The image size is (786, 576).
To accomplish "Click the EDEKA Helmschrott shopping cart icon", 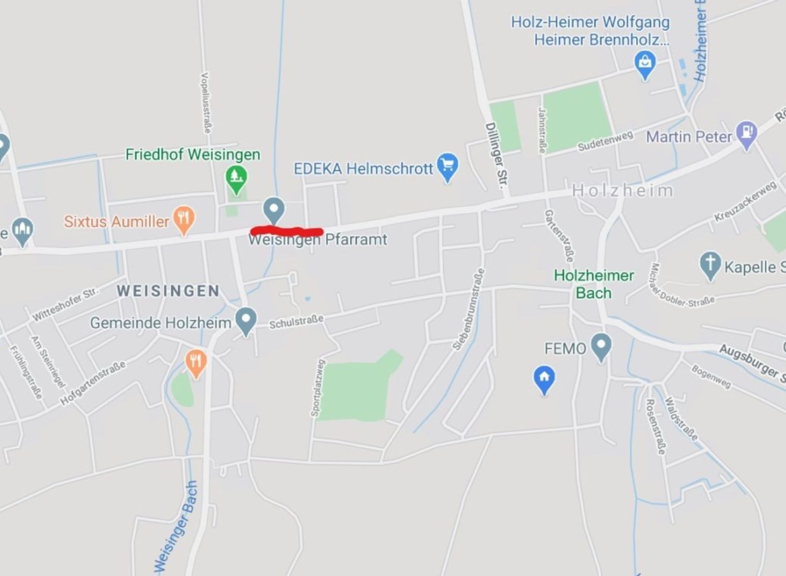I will click(x=447, y=166).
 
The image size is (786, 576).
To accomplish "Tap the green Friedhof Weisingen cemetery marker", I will click(x=236, y=178).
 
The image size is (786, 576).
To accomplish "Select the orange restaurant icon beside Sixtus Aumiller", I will click(x=183, y=219).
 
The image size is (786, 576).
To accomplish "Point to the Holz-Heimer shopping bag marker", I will click(x=645, y=64).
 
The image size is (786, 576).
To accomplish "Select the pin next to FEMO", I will click(x=601, y=346).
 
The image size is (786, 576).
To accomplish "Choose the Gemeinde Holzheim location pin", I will click(x=246, y=320).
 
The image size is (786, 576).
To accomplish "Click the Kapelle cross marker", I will click(x=710, y=264).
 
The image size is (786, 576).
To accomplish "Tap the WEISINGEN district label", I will click(x=168, y=291).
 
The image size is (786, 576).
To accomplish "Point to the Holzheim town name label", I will click(x=622, y=191).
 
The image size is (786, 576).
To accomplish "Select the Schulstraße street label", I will click(x=296, y=322).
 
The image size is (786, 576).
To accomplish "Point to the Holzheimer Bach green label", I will click(x=594, y=284).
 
